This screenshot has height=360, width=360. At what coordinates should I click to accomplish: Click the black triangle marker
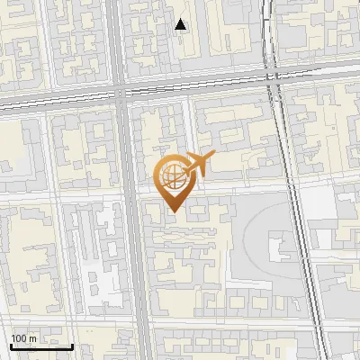181,24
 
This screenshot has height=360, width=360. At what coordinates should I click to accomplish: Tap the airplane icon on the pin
197,165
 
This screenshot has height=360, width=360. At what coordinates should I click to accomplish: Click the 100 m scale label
23,338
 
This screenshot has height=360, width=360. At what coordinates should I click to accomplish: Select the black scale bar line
41,346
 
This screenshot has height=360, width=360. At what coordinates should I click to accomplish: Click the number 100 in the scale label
19,338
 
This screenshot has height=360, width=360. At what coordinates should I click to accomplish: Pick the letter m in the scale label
32,338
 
